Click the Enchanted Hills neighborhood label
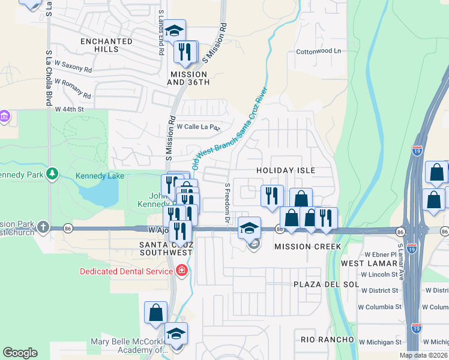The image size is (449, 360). tap(106, 45)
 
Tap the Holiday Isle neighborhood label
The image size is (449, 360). tap(286, 170)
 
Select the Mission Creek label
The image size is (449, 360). tap(307, 247)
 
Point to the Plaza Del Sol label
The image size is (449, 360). tap(326, 284)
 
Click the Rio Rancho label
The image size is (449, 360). tap(328, 340)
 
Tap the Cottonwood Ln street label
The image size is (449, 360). tap(318, 52)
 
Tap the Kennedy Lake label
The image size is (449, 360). tap(100, 176)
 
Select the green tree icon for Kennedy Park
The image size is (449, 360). tap(53, 174)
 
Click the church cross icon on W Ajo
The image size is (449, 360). tap(43, 227)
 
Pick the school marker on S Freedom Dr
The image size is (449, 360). tap(249, 228)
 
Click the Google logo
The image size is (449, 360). tap(20, 353)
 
